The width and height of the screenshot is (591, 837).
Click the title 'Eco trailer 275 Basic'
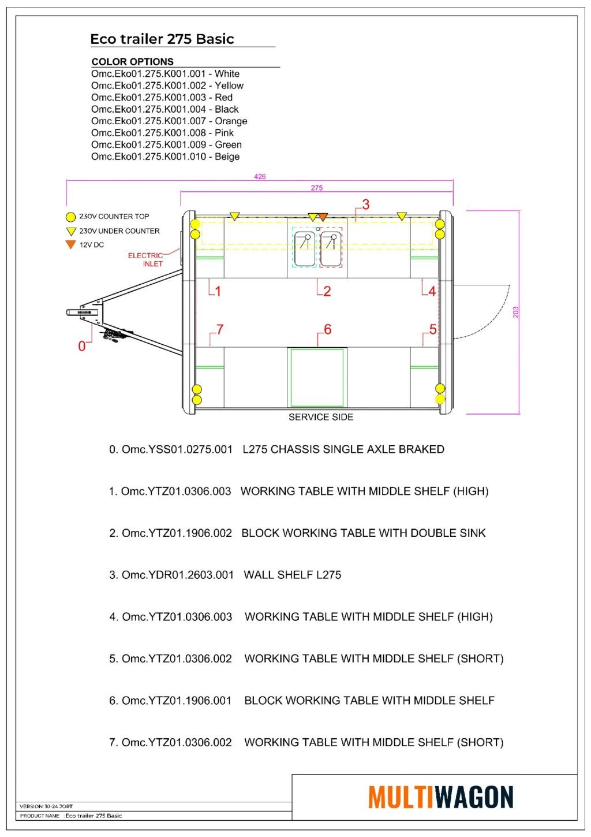162,39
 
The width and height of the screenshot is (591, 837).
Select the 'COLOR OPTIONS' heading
132,62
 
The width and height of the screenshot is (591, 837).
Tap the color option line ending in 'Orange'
169,121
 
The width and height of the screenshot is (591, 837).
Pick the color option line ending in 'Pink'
162,133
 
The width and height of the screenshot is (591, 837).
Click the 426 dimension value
260,177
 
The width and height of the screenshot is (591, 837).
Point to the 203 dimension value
515,312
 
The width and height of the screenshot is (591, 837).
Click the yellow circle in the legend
70,217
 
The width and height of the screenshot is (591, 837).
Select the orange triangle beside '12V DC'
70,244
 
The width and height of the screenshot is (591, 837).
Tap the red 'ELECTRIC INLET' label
145,259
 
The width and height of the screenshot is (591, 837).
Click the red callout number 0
81,346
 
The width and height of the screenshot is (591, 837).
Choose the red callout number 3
365,204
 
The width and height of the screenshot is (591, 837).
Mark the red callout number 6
327,330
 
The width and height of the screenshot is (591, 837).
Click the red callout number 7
219,330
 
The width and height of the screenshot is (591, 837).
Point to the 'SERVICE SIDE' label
321,417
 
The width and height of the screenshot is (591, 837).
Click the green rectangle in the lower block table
317,378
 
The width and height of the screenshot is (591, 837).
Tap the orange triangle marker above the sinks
323,217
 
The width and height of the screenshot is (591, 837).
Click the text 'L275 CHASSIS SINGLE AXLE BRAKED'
343,449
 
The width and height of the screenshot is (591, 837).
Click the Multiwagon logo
440,797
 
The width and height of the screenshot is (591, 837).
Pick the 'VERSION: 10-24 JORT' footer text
46,806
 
